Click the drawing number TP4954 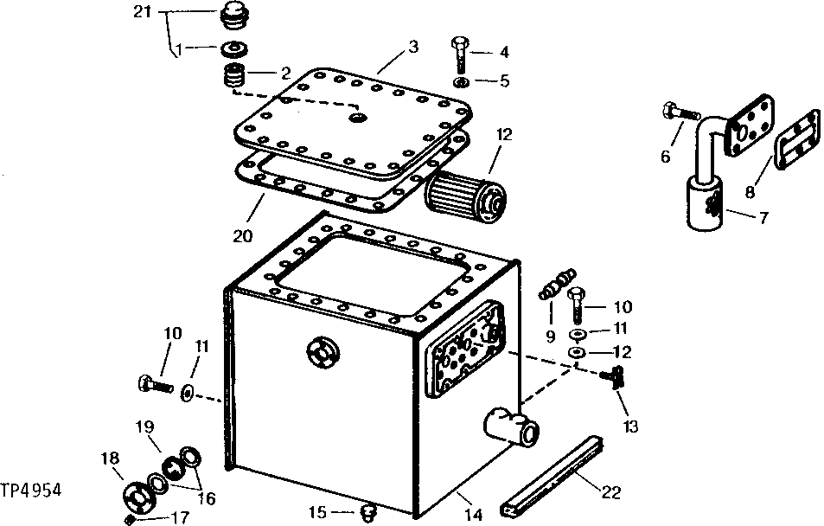(x=33, y=490)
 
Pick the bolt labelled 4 (x=460, y=54)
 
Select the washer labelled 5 (x=462, y=82)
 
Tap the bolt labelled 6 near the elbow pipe (x=677, y=112)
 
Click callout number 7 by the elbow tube (x=763, y=217)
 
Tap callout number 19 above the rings (x=143, y=427)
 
